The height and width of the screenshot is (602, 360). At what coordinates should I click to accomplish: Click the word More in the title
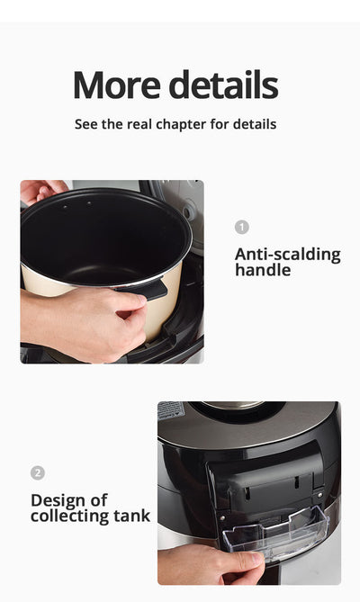[117, 85]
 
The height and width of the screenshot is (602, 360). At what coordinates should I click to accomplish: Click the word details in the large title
[224, 85]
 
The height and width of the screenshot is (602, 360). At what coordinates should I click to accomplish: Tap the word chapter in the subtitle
[181, 125]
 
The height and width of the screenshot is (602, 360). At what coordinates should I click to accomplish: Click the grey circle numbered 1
[242, 228]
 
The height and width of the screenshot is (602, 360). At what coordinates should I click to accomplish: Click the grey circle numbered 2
[38, 473]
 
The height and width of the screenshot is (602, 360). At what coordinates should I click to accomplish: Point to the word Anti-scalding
[288, 255]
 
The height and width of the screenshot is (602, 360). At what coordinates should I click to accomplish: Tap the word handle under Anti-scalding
[263, 270]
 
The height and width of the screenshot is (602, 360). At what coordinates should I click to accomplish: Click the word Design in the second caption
[58, 500]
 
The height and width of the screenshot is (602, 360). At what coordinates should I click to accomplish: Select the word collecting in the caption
[70, 516]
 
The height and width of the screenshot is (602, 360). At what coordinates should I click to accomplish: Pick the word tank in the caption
[131, 516]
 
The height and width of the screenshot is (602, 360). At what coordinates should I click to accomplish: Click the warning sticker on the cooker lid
[170, 410]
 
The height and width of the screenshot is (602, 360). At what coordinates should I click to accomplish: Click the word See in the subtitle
[86, 124]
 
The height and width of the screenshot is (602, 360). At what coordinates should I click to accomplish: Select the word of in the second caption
[99, 500]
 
